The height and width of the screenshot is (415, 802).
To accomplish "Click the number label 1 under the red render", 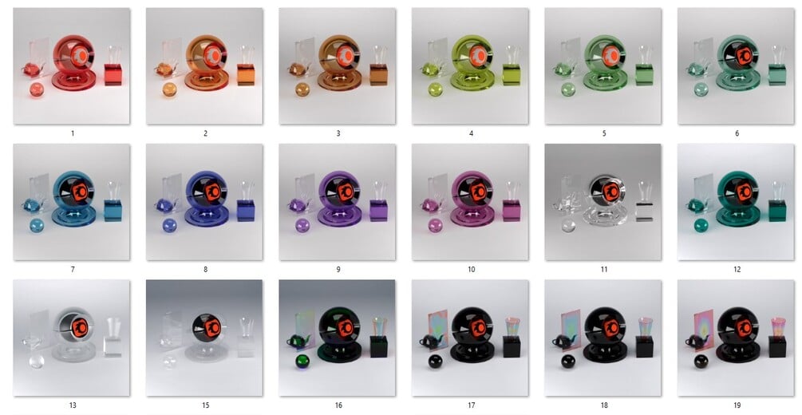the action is [x=72, y=133].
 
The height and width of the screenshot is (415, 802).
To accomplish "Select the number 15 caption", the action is [x=205, y=405].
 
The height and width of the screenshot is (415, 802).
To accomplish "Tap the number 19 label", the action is [x=737, y=405].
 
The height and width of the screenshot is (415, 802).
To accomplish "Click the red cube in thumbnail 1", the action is [x=113, y=75].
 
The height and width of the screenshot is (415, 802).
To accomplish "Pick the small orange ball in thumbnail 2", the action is [x=169, y=90].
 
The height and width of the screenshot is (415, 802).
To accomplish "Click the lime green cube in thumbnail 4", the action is [x=512, y=75].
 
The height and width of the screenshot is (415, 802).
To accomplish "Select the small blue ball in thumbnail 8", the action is [x=169, y=226].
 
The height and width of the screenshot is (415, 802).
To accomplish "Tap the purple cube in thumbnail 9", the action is [x=378, y=211].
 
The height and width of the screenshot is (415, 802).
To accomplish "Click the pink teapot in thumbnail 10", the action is [x=431, y=206].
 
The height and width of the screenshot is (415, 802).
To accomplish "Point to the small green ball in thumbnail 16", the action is [x=302, y=362].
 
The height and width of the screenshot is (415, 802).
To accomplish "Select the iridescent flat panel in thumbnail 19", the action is [x=703, y=329].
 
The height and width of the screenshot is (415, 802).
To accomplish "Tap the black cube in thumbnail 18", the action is [x=645, y=346].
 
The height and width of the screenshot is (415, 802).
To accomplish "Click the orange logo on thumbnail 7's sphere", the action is [x=80, y=192].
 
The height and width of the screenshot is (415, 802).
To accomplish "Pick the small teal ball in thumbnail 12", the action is [x=701, y=226].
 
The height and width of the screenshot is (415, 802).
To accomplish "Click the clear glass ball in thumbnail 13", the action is [x=37, y=362].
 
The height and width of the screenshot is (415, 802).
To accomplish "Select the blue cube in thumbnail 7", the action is [x=113, y=211].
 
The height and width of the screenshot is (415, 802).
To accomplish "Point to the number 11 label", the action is [x=604, y=269].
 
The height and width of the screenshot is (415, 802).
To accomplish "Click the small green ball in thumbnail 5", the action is [x=568, y=90].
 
